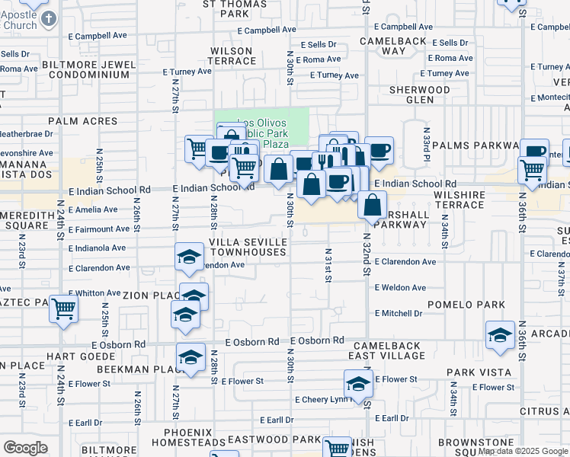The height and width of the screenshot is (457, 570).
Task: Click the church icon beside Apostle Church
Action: click(48, 18)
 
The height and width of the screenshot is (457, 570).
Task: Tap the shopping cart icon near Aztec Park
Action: click(65, 309)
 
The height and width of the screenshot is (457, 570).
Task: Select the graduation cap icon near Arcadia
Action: click(500, 335)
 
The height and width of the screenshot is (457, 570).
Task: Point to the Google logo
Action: click(25, 448)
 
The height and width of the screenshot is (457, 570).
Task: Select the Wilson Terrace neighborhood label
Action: click(231, 56)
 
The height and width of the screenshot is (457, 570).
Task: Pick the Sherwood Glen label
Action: click(420, 94)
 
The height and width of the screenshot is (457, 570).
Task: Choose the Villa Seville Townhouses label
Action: click(248, 246)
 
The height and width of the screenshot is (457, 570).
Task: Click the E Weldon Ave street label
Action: click(400, 287)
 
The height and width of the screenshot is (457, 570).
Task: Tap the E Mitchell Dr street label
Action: click(398, 313)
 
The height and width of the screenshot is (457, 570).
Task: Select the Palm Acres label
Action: click(83, 121)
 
